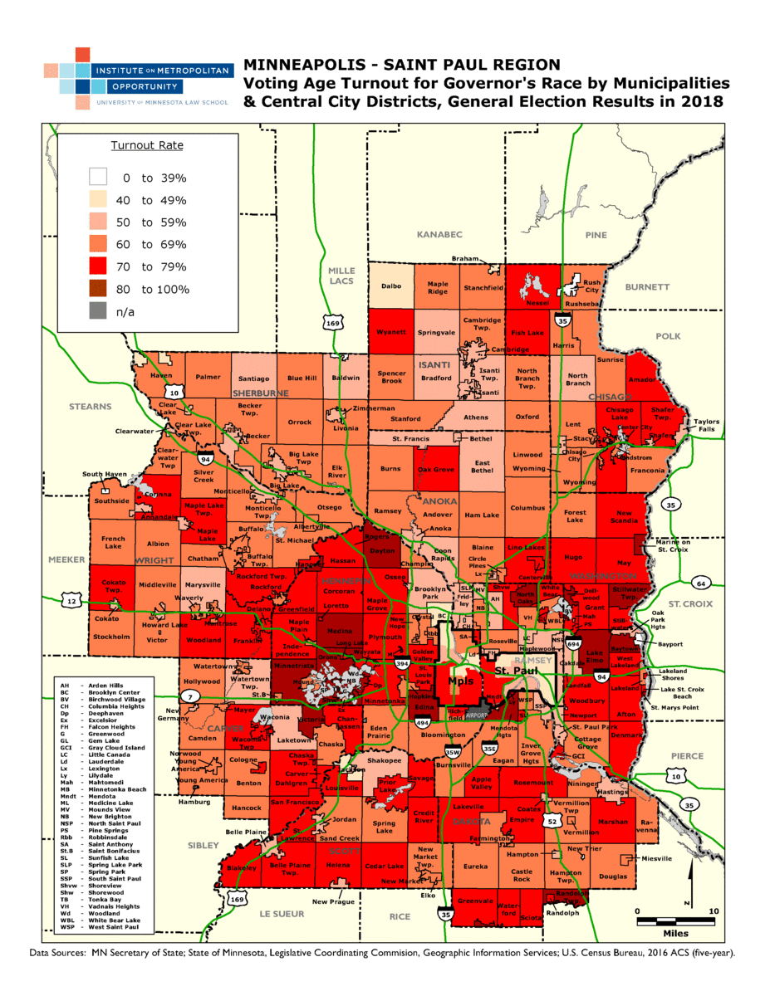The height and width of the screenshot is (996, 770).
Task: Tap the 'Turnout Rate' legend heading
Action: (x=147, y=145)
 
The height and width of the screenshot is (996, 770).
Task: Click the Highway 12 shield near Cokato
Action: (x=76, y=601)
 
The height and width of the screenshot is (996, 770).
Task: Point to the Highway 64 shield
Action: (x=703, y=583)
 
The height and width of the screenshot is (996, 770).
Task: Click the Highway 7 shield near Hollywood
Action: (x=191, y=696)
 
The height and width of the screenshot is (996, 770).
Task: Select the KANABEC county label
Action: (x=439, y=235)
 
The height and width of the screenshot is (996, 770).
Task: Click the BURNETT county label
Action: (x=647, y=287)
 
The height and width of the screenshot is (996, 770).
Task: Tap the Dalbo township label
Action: (x=391, y=286)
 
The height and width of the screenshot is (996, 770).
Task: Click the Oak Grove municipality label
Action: (x=435, y=470)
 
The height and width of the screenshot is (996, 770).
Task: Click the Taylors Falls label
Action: (x=708, y=426)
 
